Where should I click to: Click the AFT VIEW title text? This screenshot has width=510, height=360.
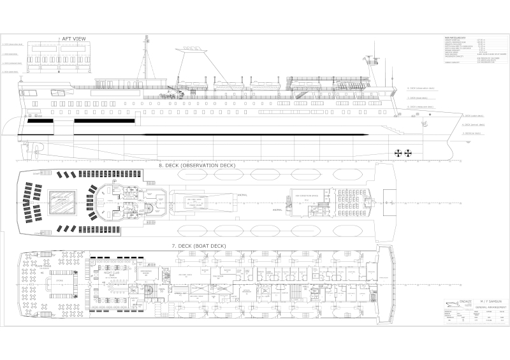pyautogui.click(x=74, y=39)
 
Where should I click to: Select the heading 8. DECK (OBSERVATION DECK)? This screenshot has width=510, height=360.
pyautogui.click(x=196, y=165)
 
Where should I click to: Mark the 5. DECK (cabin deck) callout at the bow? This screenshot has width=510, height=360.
pyautogui.click(x=472, y=117)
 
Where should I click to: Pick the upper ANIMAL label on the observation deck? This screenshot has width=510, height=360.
pyautogui.click(x=242, y=195)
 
